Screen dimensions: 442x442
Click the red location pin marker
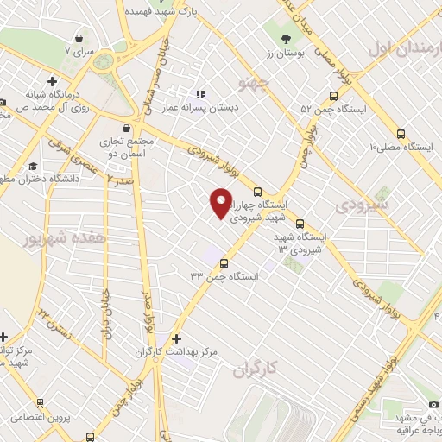[x=221, y=204]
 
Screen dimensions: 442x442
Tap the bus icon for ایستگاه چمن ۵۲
[x=332, y=97]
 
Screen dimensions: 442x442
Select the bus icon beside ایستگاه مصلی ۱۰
[x=400, y=134]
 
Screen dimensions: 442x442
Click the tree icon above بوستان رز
[x=286, y=37]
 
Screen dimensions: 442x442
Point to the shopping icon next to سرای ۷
[x=79, y=38]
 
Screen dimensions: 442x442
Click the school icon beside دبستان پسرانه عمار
[x=200, y=94]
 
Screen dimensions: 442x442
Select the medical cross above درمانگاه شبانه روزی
[x=53, y=81]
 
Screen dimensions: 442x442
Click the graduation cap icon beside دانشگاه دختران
[x=33, y=166]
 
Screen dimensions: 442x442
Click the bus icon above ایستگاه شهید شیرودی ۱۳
[x=300, y=222]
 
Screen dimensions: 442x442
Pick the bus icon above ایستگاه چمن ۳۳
[x=224, y=263]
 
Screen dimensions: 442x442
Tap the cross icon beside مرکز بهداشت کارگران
[x=177, y=338]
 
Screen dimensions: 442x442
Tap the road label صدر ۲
[x=122, y=179]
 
